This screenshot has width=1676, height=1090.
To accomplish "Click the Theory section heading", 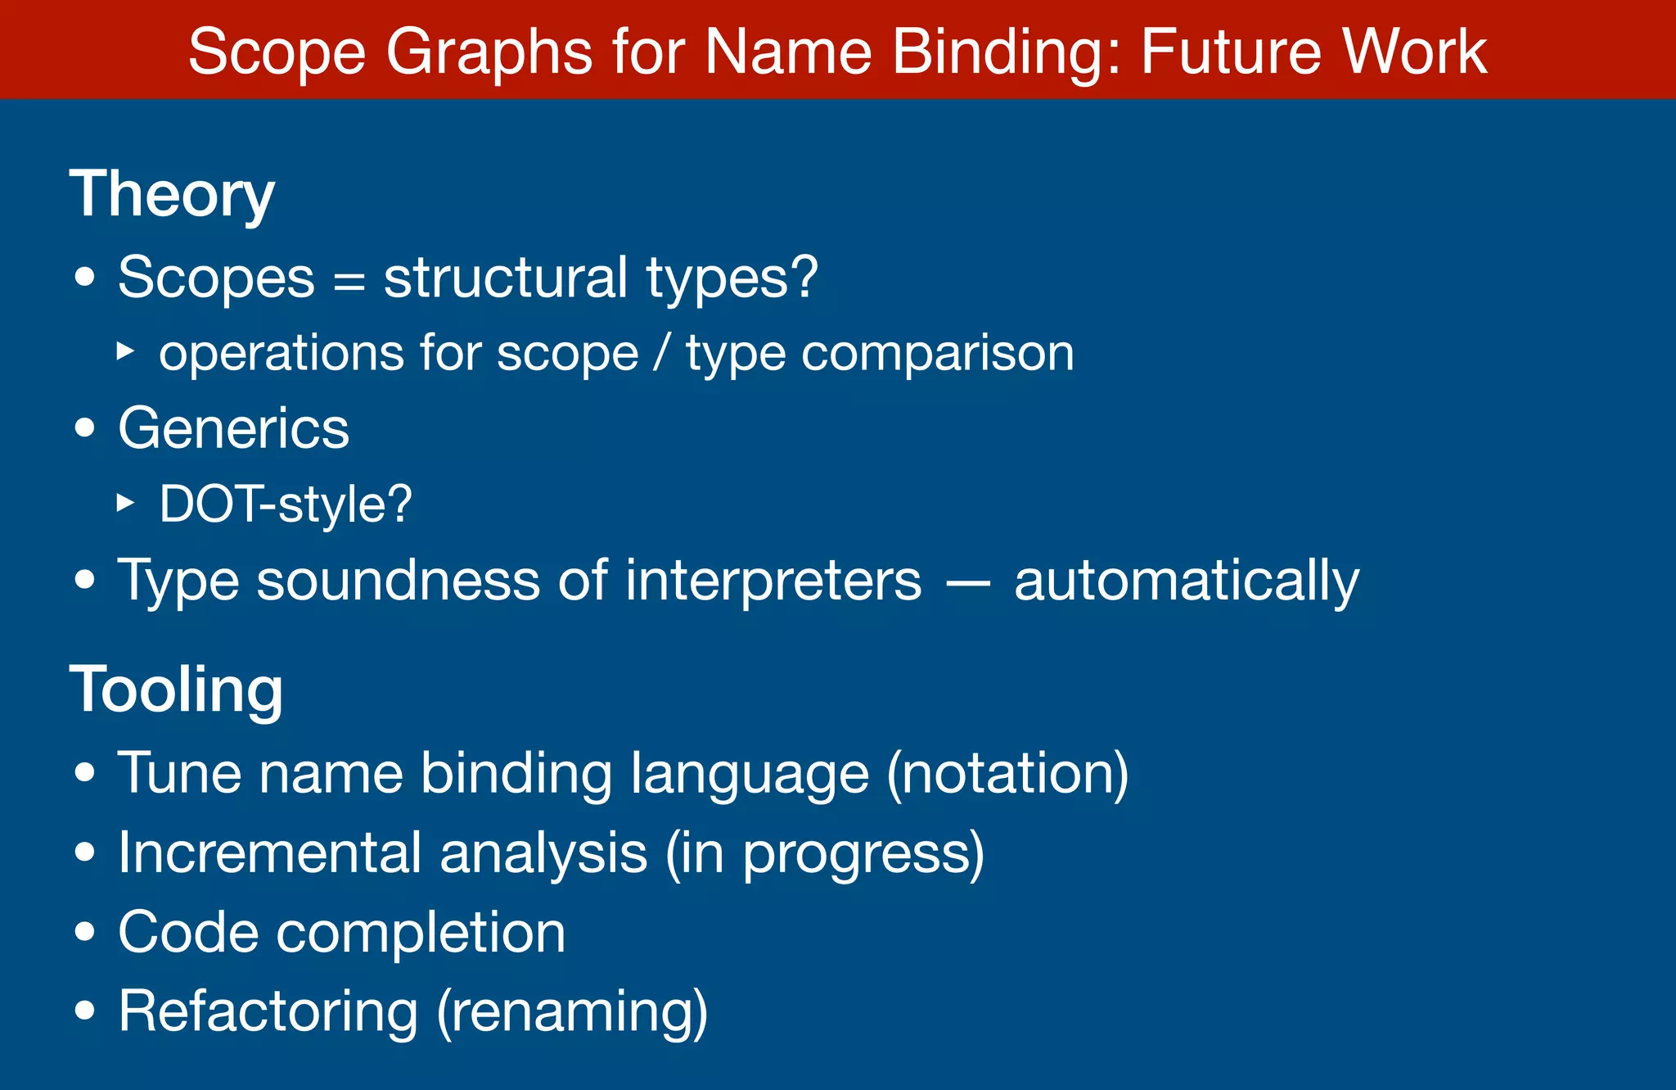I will [172, 195].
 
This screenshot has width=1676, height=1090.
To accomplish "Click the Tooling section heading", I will [176, 690].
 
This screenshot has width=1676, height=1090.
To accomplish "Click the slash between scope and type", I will [661, 354].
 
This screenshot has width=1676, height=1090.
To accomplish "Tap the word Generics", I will [233, 428].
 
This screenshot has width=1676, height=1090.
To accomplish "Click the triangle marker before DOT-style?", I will [125, 502].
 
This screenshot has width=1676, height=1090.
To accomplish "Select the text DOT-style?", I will [286, 504].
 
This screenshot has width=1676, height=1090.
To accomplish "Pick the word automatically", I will [1187, 581].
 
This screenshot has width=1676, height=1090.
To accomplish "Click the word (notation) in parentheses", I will [1008, 773].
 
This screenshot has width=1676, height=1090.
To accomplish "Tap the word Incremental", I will [269, 853].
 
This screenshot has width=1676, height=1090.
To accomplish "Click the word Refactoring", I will [268, 1011].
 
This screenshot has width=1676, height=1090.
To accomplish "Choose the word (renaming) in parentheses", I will [572, 1012].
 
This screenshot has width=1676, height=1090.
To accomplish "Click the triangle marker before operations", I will [125, 351].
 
